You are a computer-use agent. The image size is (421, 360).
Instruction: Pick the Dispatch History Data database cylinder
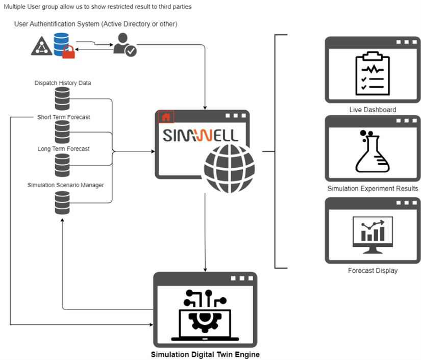click(62, 99)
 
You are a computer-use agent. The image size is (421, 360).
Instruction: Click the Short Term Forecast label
click(63, 117)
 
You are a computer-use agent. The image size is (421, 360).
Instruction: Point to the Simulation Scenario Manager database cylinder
click(62, 202)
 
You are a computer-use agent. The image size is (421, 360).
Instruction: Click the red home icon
click(166, 117)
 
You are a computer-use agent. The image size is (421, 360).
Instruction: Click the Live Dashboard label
click(373, 110)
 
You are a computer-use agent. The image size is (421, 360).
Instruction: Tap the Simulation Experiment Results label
click(373, 189)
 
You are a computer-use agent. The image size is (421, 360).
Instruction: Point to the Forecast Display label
click(373, 271)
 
